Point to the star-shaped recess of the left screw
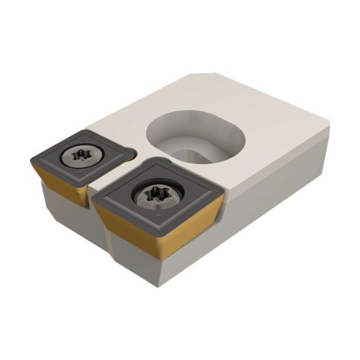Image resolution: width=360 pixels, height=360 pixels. [x=81, y=155]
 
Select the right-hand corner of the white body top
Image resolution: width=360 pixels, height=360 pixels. [x=327, y=123]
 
